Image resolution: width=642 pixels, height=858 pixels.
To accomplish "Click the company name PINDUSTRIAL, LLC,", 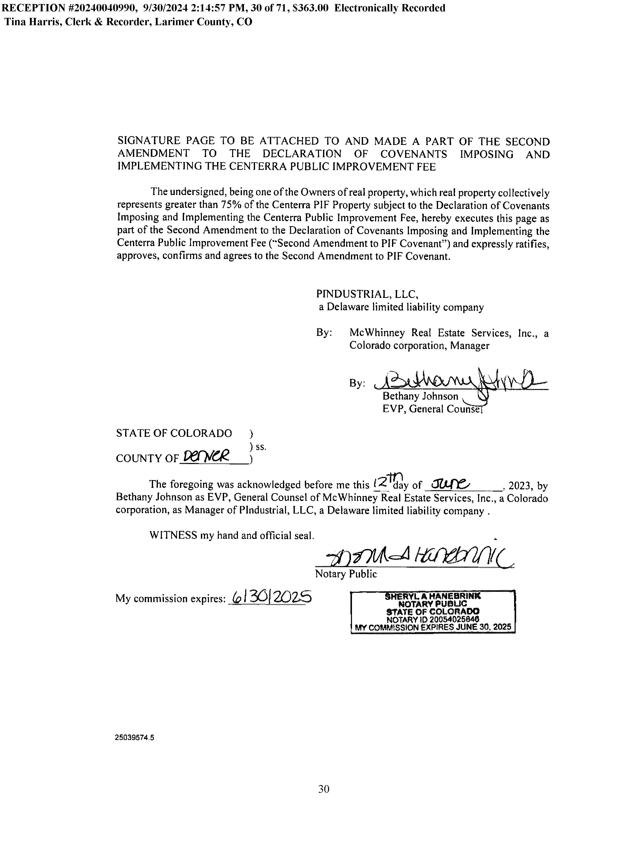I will (x=367, y=294).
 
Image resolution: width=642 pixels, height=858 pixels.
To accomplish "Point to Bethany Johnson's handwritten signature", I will (x=458, y=382).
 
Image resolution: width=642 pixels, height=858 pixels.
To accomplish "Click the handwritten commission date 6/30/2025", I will (x=271, y=598).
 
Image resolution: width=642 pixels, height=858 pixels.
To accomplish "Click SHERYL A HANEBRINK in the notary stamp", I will (x=432, y=596).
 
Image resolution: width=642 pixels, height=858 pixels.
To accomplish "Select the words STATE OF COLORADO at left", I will (x=174, y=433).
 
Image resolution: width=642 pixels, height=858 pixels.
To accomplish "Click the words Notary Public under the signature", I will (x=346, y=574).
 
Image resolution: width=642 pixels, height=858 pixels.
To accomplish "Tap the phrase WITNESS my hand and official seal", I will (x=232, y=536).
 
